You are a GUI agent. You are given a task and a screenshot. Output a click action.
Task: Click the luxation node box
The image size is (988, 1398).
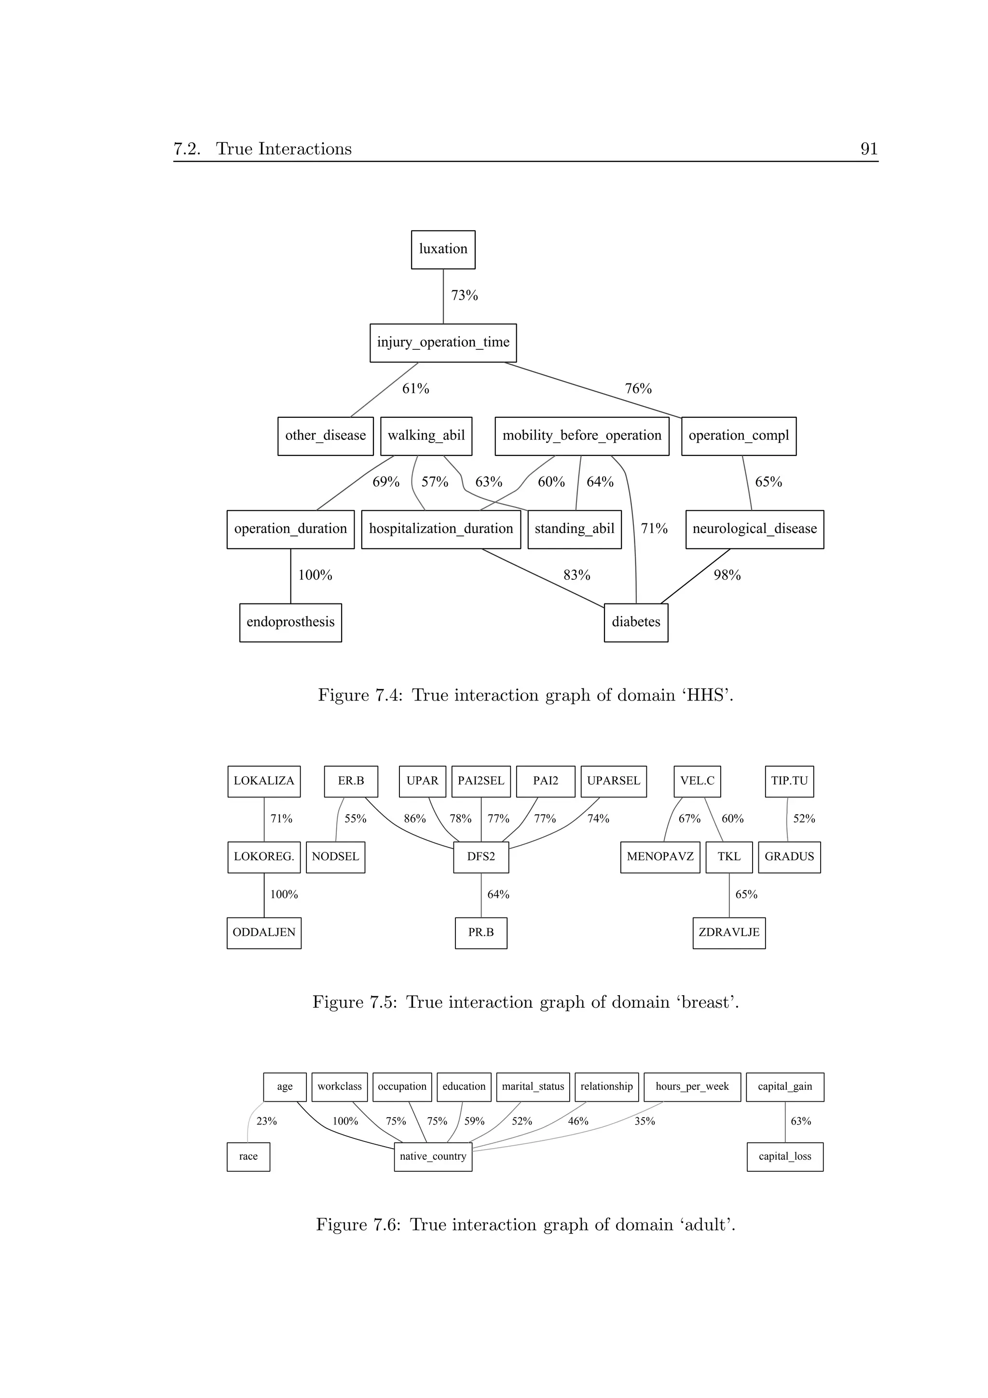tap(443, 250)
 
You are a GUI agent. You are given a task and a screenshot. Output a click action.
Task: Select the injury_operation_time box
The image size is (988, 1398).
tap(443, 343)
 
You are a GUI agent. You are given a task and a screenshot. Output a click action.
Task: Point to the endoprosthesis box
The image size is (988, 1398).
tap(290, 622)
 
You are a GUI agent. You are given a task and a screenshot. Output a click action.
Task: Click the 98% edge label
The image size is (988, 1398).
tap(727, 576)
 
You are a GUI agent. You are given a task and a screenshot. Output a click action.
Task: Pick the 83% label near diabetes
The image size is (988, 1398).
tap(576, 576)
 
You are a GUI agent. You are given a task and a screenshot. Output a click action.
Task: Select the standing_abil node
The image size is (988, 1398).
tap(574, 529)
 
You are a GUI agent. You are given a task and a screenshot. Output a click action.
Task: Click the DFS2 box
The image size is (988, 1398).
tap(481, 857)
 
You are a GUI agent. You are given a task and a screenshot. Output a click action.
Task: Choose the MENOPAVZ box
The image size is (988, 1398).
tap(660, 857)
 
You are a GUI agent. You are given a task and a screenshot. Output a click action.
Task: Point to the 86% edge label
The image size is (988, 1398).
tap(414, 819)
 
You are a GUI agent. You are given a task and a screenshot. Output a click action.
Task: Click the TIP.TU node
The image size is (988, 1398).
tap(789, 781)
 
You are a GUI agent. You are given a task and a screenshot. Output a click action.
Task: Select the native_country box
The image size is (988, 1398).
tap(433, 1156)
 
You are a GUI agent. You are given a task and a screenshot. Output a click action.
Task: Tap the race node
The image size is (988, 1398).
tap(248, 1156)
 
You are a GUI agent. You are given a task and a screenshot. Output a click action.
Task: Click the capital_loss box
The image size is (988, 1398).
tap(785, 1156)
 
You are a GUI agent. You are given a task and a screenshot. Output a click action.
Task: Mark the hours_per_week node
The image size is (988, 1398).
tap(692, 1086)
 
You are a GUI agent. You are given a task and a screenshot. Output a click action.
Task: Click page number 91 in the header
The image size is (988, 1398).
tap(869, 149)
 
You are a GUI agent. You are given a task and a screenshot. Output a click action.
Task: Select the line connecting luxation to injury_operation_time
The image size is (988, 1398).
tap(443, 297)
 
